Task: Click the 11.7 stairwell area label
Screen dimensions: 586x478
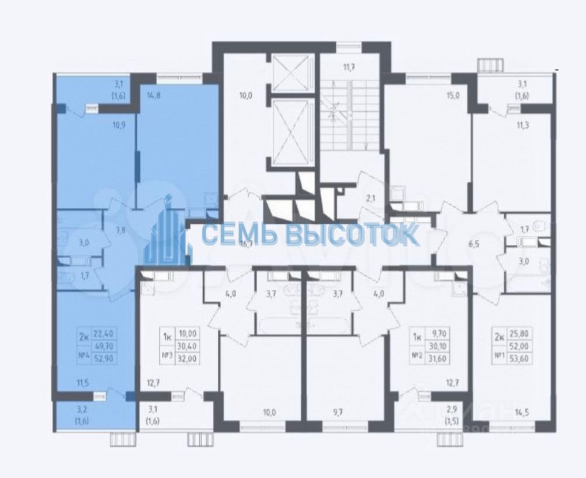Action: coord(349,68)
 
